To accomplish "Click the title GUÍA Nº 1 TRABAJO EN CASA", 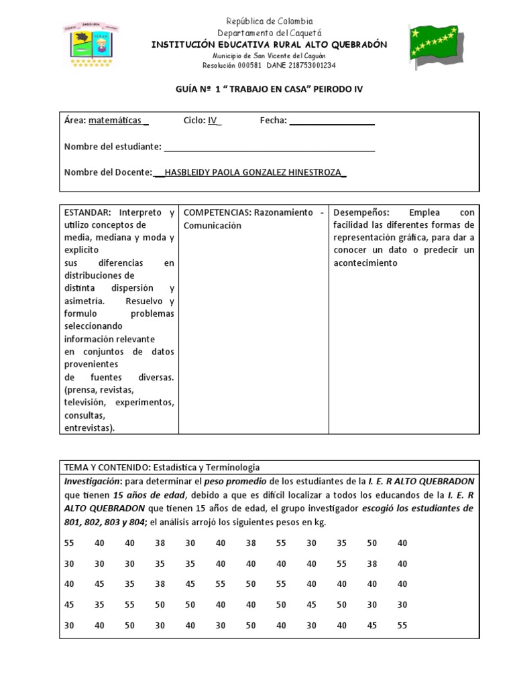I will (x=268, y=88).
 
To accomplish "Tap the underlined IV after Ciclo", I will (x=213, y=121).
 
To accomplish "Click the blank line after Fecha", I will (x=331, y=121).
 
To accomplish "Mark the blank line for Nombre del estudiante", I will (x=269, y=147).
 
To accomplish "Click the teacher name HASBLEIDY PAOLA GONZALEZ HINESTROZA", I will (x=253, y=172).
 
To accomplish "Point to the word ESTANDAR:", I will (x=87, y=212).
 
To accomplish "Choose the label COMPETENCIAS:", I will (x=217, y=212).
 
